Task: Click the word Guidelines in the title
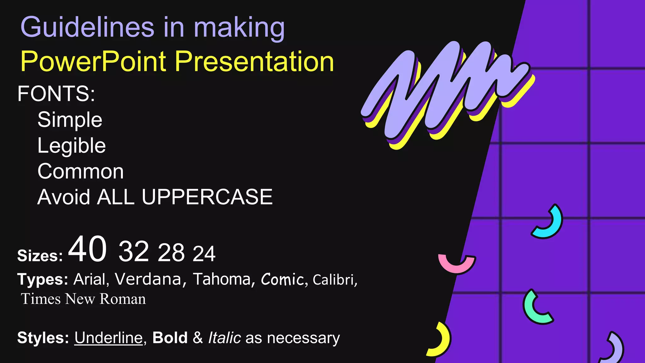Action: (87, 27)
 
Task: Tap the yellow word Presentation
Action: (254, 61)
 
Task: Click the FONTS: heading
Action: (56, 94)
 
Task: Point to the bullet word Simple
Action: (70, 120)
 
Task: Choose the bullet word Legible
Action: (71, 146)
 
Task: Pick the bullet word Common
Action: (80, 172)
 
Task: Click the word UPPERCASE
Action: (207, 197)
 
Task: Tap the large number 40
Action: (87, 249)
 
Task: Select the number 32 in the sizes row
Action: (134, 251)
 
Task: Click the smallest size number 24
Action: (204, 254)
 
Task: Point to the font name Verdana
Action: (148, 279)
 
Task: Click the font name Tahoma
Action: (222, 279)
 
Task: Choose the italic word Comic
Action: (282, 279)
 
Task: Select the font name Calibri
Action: (333, 280)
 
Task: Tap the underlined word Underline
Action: (108, 338)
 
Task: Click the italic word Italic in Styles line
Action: (225, 338)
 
